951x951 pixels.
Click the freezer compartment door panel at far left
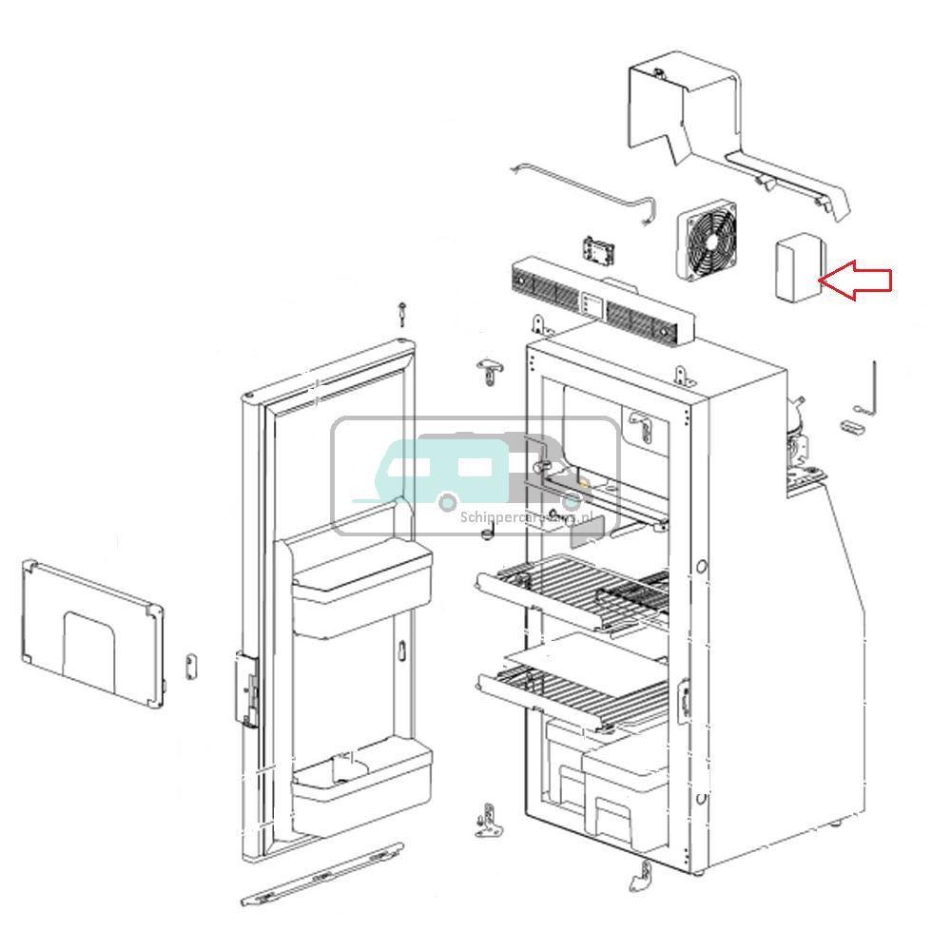coord(89,632)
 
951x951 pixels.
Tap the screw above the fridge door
coord(404,313)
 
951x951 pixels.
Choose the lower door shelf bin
coord(361,788)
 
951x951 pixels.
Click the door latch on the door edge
coord(247,690)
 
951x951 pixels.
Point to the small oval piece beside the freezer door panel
coord(190,662)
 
